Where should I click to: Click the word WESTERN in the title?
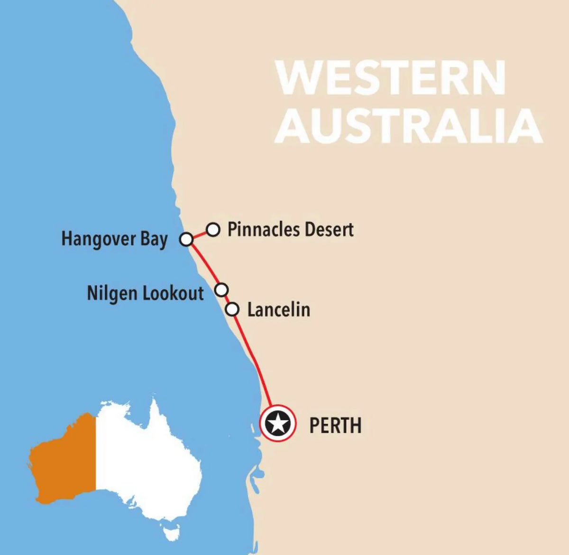[392, 77]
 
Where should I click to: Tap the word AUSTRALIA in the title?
[409, 126]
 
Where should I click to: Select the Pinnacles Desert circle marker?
[213, 230]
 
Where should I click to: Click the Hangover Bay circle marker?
[187, 239]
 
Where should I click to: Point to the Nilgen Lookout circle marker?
[221, 289]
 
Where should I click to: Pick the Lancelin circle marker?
[232, 310]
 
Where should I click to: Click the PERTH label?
[335, 425]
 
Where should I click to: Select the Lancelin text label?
[279, 310]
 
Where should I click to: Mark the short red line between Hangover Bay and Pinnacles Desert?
[200, 235]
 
